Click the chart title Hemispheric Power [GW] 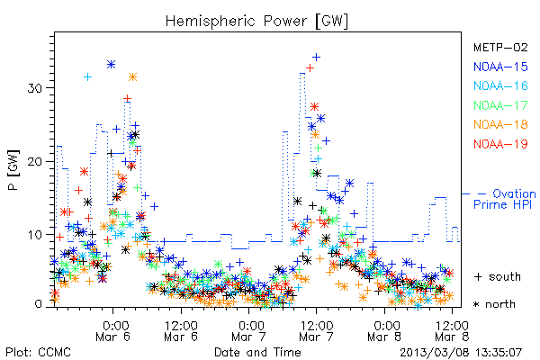click(x=256, y=22)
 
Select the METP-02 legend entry click(x=500, y=47)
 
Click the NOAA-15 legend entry click(x=500, y=67)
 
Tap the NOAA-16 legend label click(x=500, y=85)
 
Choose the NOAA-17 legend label click(x=500, y=105)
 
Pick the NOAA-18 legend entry click(x=500, y=124)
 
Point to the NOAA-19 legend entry click(x=500, y=144)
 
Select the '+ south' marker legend click(x=498, y=276)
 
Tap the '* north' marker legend click(x=494, y=304)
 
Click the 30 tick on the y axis click(x=34, y=88)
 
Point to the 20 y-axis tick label click(x=34, y=162)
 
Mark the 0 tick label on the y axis click(x=38, y=304)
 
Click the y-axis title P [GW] click(x=13, y=170)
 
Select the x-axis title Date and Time click(x=257, y=352)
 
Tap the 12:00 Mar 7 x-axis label click(x=317, y=331)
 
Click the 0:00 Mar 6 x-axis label click(x=113, y=331)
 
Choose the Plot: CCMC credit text click(x=38, y=352)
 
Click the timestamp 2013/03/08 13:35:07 click(x=461, y=353)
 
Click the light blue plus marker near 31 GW click(x=88, y=76)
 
